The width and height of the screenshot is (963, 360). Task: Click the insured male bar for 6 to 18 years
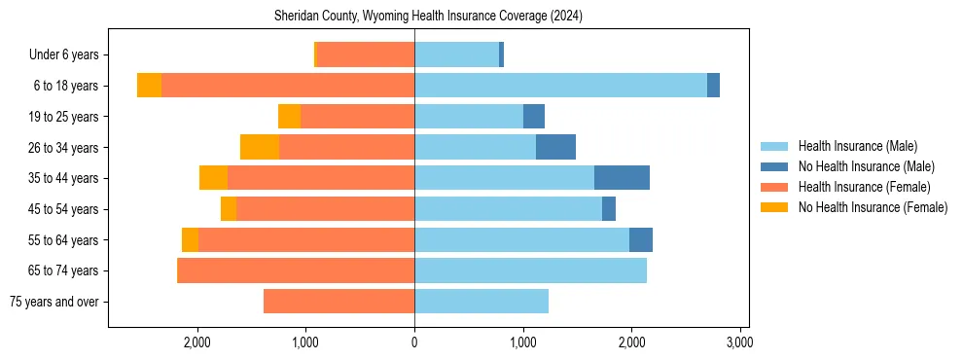(x=560, y=86)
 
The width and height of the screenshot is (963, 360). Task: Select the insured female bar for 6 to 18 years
(x=288, y=86)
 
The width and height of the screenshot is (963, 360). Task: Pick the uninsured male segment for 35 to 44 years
(x=622, y=178)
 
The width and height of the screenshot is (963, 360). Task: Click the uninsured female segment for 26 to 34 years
(x=260, y=147)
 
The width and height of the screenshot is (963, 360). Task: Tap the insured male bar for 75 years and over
(x=481, y=302)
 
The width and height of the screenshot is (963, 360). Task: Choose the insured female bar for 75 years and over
(x=339, y=302)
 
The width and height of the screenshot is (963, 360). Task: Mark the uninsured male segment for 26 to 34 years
(x=555, y=147)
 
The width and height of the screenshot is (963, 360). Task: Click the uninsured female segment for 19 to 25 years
(x=289, y=117)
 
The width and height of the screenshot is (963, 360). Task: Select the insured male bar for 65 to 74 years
(x=530, y=270)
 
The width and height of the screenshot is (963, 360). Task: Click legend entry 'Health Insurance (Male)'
(x=857, y=146)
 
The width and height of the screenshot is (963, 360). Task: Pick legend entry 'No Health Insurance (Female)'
(x=873, y=207)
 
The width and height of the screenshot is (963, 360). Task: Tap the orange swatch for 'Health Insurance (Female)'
(x=774, y=187)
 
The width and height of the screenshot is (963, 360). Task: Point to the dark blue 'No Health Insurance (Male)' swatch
(x=774, y=166)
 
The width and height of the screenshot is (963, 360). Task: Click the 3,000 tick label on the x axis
(x=739, y=342)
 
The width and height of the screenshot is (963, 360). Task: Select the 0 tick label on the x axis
(x=414, y=342)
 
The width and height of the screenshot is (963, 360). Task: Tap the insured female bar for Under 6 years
(x=366, y=55)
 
